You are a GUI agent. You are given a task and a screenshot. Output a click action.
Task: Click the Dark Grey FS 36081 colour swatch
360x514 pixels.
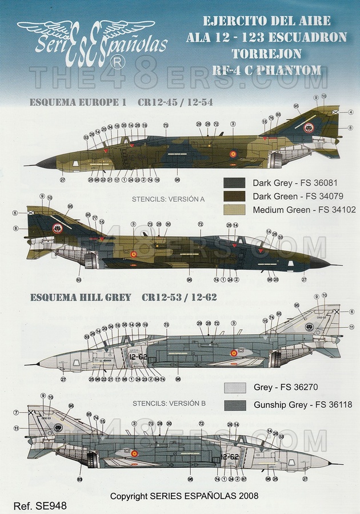click(x=234, y=183)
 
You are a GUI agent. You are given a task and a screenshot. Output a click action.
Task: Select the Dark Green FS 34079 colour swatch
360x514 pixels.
click(x=234, y=196)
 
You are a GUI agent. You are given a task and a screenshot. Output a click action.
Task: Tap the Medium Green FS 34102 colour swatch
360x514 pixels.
click(x=234, y=210)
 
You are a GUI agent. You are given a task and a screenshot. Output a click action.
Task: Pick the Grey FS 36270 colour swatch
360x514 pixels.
click(x=234, y=388)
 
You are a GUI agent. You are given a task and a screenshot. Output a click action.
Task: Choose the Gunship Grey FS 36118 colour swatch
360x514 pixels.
click(x=234, y=405)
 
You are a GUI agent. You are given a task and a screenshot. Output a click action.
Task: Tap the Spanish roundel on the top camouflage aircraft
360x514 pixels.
click(x=233, y=154)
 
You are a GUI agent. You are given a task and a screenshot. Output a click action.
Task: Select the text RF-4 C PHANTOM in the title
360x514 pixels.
click(x=266, y=70)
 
